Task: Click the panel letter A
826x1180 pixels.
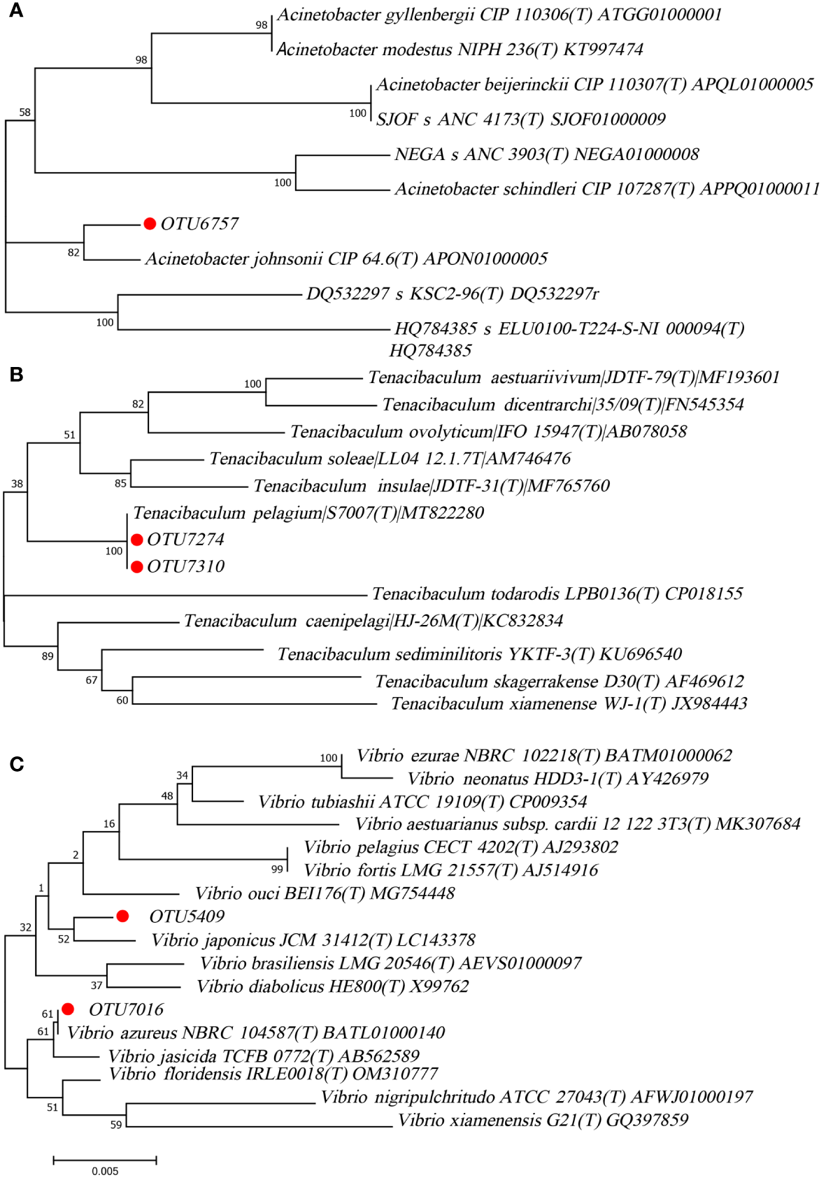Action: tap(15, 10)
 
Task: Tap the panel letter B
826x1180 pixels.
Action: tap(16, 375)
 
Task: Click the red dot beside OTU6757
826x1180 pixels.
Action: tap(150, 224)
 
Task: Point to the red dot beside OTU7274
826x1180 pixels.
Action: tap(137, 540)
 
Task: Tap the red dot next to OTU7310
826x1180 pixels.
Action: tap(137, 566)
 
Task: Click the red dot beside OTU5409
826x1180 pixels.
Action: tap(122, 916)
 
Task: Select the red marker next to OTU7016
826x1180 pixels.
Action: tap(68, 1009)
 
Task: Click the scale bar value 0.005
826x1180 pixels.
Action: tap(105, 1171)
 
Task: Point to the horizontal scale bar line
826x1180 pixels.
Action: tap(105, 1160)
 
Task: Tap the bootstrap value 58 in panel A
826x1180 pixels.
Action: tap(25, 113)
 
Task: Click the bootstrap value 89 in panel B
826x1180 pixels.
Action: tap(48, 656)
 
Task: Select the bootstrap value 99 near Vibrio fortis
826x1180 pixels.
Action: tap(277, 869)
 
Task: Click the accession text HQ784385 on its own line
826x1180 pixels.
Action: tap(430, 350)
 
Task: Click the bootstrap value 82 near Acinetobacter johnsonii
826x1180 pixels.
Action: tap(73, 252)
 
